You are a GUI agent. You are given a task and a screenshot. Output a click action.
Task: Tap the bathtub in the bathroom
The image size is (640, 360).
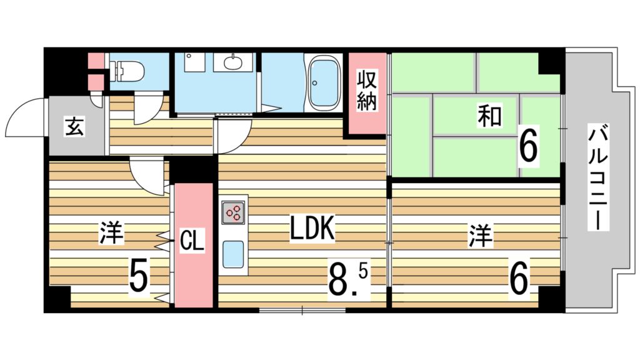point(324,82)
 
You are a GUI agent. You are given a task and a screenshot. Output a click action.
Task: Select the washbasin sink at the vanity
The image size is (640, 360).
point(234,62)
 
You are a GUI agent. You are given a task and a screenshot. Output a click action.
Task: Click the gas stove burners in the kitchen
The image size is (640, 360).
point(234,212)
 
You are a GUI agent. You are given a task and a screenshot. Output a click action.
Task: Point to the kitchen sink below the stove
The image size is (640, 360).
point(234,254)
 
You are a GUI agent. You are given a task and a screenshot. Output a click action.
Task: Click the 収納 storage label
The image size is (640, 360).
point(366,91)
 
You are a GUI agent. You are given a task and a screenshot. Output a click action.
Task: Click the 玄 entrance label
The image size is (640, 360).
point(75,126)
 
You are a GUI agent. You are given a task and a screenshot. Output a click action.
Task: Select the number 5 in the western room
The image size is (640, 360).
point(138,276)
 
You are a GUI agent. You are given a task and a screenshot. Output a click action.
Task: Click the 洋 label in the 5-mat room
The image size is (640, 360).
point(111,234)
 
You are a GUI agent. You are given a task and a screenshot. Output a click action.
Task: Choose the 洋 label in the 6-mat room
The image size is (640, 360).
point(480,236)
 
